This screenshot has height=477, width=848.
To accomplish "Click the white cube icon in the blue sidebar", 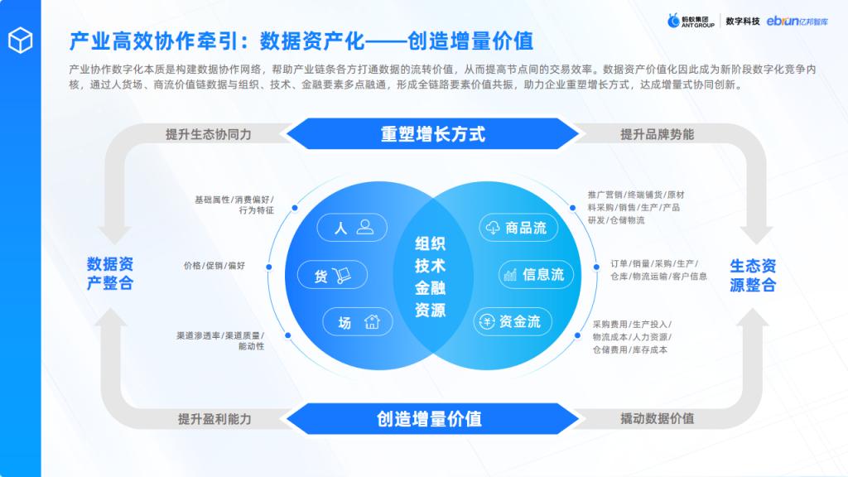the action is [21, 40].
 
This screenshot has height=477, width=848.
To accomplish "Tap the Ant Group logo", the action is [691, 21].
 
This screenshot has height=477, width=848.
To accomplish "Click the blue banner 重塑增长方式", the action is [432, 133].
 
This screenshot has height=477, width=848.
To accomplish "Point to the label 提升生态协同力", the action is [208, 134].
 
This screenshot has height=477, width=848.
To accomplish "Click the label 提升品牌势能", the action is [657, 134].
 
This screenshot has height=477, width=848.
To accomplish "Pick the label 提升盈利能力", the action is [214, 418].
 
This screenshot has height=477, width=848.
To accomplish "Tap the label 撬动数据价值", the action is [657, 418].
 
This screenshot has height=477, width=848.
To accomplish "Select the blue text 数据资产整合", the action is [110, 273].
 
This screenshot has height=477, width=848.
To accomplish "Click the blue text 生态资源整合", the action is [753, 275].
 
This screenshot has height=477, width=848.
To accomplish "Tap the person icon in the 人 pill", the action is [365, 227].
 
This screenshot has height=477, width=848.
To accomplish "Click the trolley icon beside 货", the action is [342, 275].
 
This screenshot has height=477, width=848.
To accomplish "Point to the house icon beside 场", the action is [372, 322].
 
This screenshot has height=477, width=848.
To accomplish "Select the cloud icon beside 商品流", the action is [493, 228].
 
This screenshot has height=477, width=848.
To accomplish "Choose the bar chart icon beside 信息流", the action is [510, 275].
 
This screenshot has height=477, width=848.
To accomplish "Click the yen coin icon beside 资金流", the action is [487, 322].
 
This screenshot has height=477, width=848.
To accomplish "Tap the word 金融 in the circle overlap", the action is [430, 287].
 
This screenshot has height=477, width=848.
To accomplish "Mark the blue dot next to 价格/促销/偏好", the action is [269, 267].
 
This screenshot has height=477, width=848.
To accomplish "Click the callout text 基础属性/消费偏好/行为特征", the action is [234, 205].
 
